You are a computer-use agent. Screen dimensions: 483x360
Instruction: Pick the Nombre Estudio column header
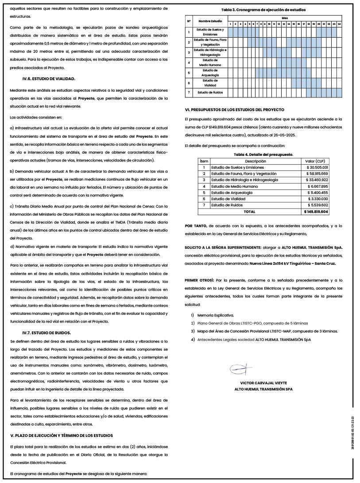coord(210,21)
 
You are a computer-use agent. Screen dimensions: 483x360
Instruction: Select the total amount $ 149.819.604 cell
coord(316,212)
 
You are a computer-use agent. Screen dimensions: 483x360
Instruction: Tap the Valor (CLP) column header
coord(316,161)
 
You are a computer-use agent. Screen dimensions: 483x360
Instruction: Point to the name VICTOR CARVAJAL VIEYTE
coord(263,383)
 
